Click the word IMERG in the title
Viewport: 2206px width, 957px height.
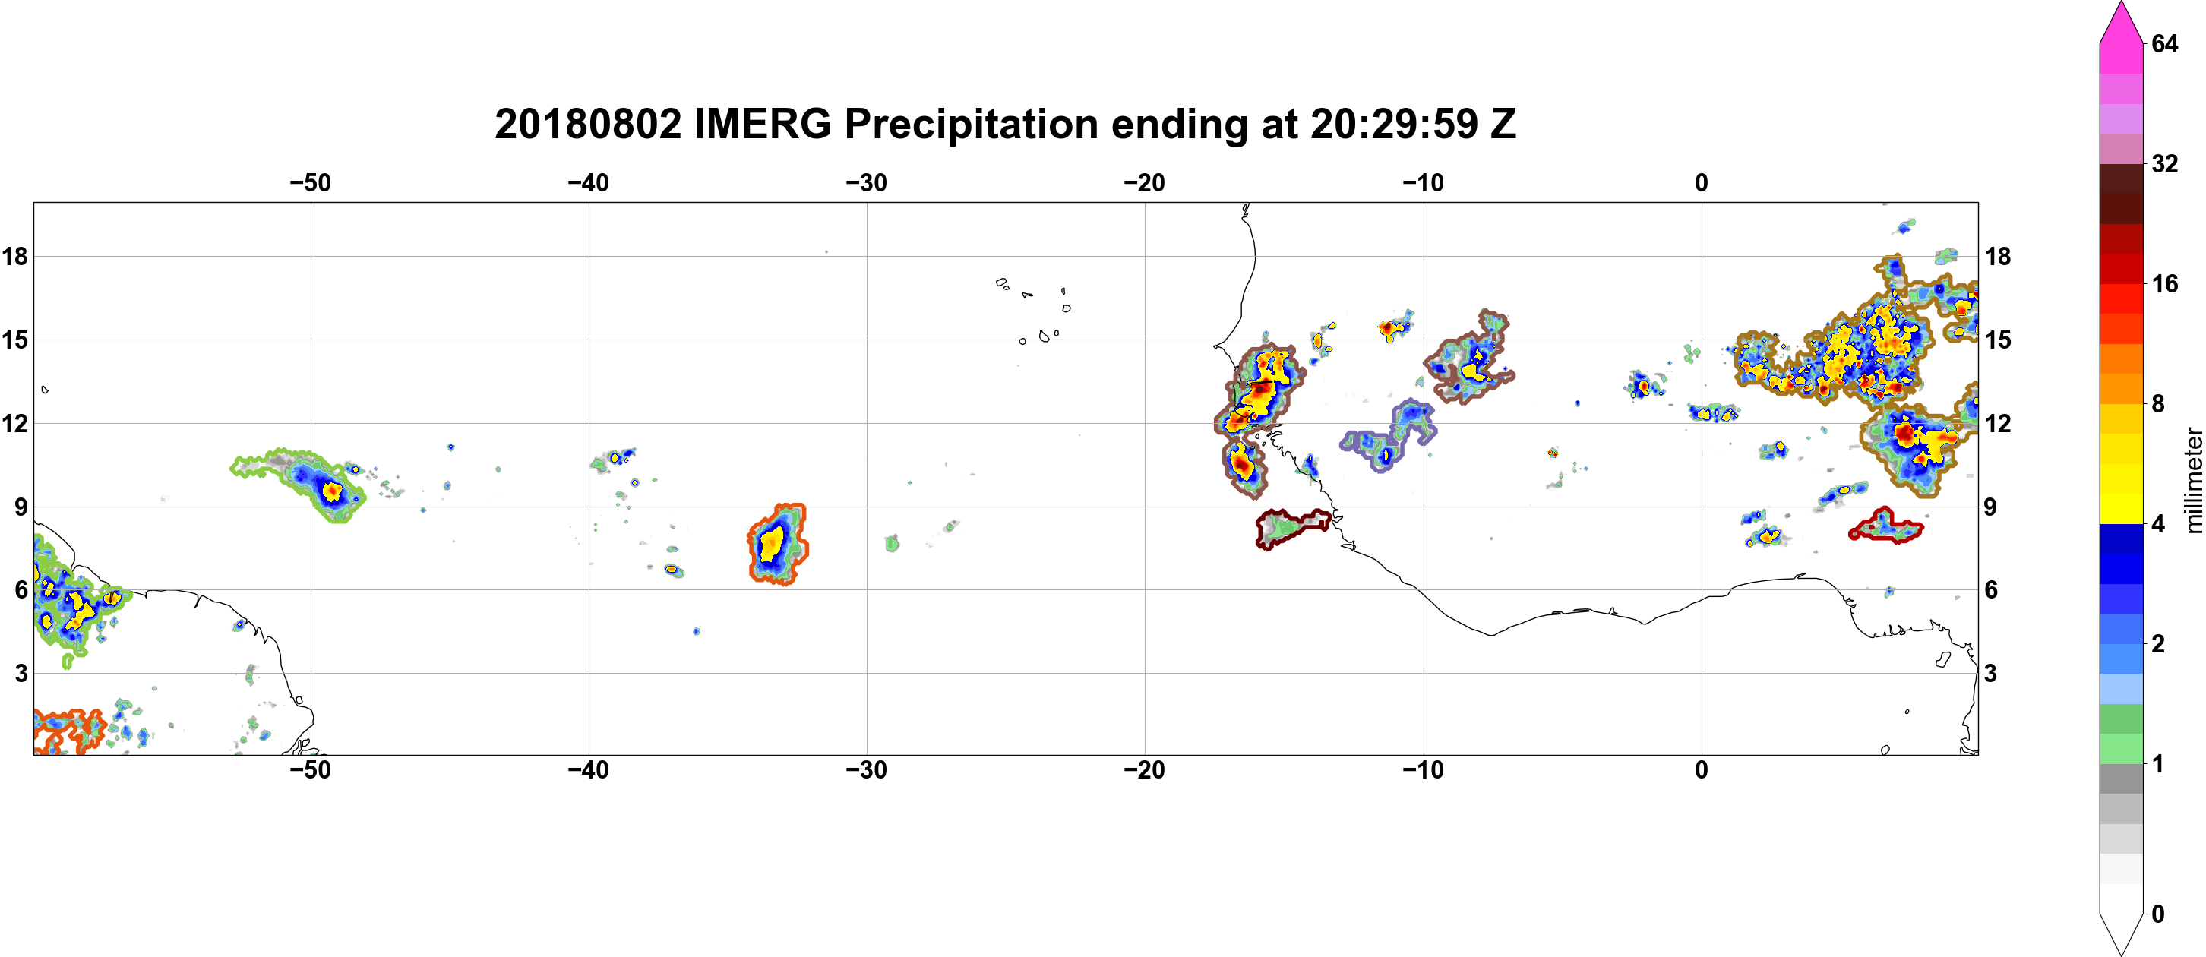(x=762, y=124)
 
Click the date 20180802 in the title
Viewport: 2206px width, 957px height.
(x=587, y=124)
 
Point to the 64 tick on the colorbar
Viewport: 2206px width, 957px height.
(x=2164, y=43)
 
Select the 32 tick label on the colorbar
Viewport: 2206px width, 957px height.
(x=2164, y=163)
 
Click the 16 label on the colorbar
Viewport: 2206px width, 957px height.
(x=2164, y=283)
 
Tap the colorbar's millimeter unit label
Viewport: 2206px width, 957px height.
(x=2193, y=480)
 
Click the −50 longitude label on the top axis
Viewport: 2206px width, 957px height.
(x=310, y=183)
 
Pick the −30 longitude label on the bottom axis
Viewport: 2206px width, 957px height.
(x=867, y=770)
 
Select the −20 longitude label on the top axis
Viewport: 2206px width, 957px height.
(x=1145, y=183)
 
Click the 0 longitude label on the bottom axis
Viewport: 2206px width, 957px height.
(x=1702, y=770)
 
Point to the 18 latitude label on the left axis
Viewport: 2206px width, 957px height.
(x=14, y=256)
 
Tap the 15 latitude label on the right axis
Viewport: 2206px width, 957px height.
(x=1998, y=340)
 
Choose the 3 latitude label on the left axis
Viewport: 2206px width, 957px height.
(x=21, y=674)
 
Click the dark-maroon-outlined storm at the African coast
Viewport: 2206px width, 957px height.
(x=1292, y=529)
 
